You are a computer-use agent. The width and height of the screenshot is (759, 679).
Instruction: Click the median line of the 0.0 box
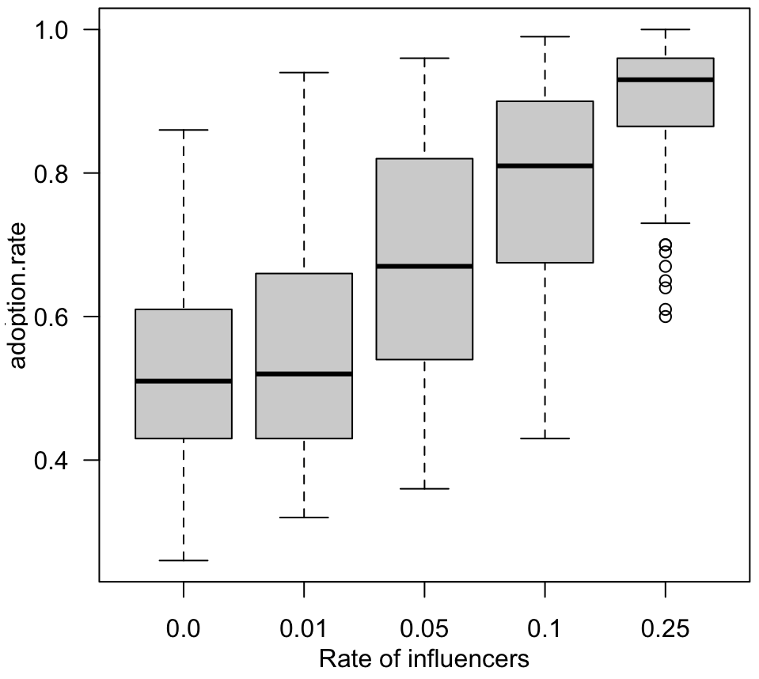pos(184,381)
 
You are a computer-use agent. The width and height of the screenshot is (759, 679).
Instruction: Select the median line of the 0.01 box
pos(304,374)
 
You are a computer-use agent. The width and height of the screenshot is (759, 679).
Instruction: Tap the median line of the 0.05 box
pos(425,266)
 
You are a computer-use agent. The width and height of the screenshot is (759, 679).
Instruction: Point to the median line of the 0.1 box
pos(545,165)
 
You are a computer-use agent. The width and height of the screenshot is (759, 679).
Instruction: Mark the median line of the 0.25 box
pos(666,79)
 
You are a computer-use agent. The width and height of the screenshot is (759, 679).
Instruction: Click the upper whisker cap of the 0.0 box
pos(184,130)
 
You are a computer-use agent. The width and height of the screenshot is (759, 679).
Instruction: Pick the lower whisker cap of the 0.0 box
pos(184,560)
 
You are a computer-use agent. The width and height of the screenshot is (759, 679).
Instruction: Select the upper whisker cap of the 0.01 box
pos(304,72)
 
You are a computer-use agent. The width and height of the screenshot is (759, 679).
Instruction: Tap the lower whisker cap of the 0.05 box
pos(425,488)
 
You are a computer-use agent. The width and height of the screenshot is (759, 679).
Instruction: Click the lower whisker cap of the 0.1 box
pos(545,438)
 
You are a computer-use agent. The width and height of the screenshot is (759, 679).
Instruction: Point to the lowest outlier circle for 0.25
pos(666,317)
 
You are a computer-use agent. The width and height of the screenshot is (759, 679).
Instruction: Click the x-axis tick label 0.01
pos(304,631)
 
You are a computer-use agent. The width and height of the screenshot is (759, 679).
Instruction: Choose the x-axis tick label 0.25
pos(666,631)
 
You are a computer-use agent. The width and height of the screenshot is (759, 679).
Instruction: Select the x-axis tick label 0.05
pos(425,631)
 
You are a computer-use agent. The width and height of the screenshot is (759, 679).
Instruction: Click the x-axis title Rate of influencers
pos(423,658)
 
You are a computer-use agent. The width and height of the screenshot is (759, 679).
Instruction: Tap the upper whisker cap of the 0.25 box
pos(666,29)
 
